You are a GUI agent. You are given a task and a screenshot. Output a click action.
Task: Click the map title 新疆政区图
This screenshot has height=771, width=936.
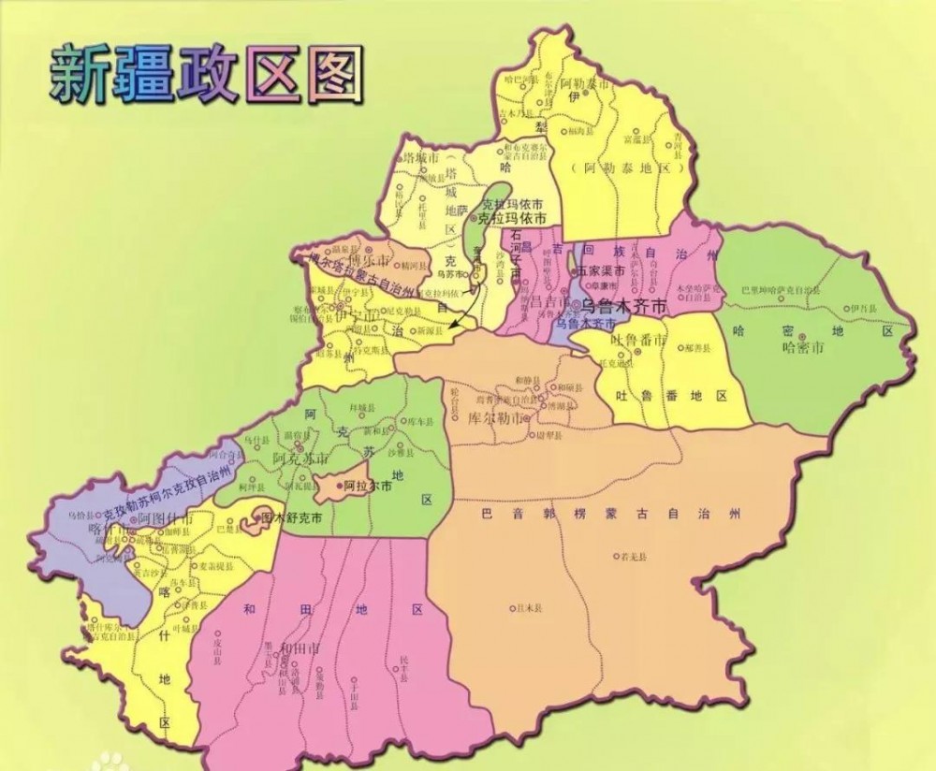pos(206,75)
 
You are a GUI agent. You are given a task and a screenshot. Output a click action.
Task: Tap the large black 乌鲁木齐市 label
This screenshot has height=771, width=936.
pos(622,306)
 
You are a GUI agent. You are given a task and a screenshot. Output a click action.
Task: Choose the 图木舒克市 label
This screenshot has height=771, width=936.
pos(290,516)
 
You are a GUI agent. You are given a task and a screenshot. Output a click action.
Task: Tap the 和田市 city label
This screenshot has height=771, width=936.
pos(298,647)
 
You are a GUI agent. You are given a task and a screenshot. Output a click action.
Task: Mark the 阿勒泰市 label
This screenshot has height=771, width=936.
pos(584,84)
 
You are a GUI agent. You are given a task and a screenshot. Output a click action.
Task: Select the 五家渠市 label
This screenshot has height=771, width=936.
pos(599,271)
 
